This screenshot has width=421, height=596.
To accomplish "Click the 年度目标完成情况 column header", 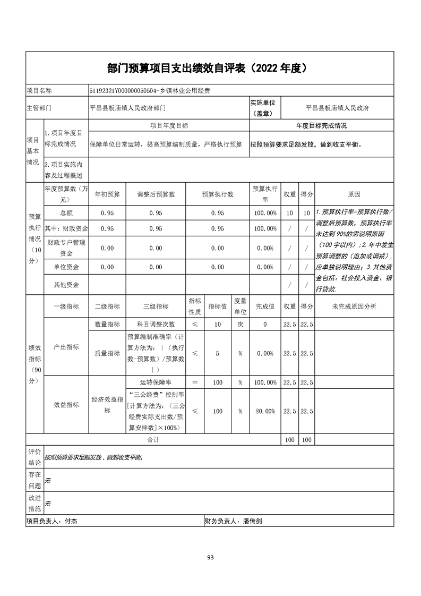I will point(321,126).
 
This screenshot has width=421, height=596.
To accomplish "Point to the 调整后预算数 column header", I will point(156,194).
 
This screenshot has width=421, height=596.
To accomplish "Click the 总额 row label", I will point(66,213).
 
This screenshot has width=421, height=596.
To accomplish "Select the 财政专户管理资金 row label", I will point(66,248).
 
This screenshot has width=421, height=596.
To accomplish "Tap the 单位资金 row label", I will point(66,267).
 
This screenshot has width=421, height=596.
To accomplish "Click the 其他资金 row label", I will point(66,285).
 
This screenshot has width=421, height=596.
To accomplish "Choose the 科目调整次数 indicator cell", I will point(156,324).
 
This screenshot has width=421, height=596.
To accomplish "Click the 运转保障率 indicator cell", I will point(156,382).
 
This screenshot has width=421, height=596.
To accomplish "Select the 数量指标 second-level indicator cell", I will point(107,324).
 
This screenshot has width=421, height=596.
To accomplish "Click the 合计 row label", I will point(153,440).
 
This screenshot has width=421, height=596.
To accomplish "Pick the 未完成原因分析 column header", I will point(354,306).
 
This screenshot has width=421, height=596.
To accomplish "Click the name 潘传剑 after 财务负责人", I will point(253,522).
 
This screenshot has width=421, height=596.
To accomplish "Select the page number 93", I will point(210,558).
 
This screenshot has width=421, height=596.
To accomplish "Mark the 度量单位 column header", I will point(240,306).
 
